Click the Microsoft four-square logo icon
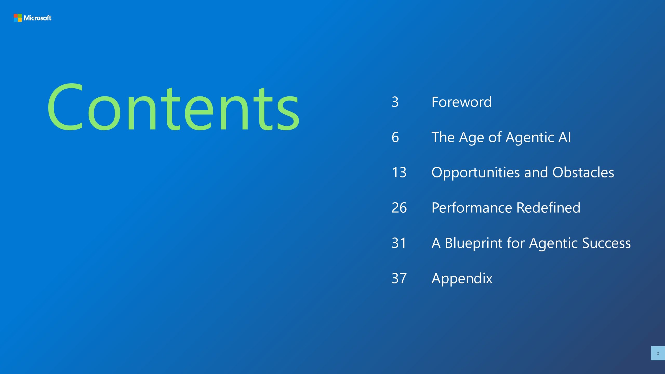tap(18, 18)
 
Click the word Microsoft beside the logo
tap(38, 18)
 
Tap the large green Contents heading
tap(174, 108)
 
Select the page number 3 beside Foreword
tap(395, 102)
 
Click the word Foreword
tap(462, 102)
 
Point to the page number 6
tap(395, 137)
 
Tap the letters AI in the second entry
tap(565, 137)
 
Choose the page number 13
tap(399, 172)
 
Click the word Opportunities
tap(475, 173)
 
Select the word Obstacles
tap(583, 172)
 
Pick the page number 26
tap(399, 208)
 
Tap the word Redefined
tap(548, 208)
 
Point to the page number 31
tap(399, 243)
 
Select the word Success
tap(606, 243)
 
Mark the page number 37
tap(399, 278)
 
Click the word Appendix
tap(462, 279)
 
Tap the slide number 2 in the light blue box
tap(658, 353)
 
